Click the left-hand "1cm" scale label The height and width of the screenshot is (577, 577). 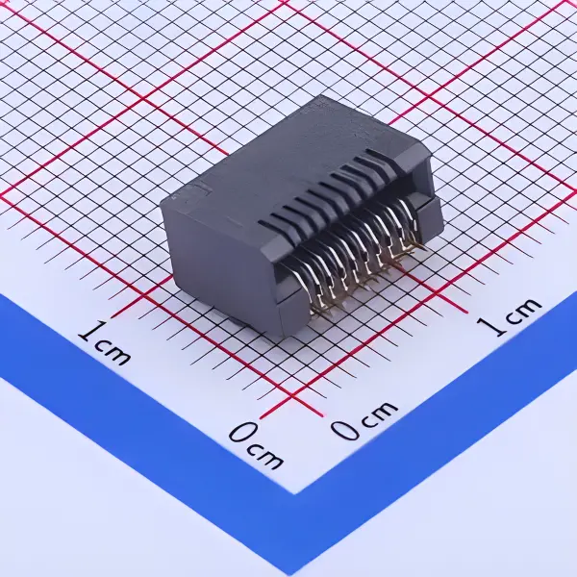pyautogui.click(x=105, y=345)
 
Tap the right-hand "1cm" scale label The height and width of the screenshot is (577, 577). pyautogui.click(x=511, y=314)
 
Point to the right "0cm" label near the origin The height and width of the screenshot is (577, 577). pyautogui.click(x=364, y=419)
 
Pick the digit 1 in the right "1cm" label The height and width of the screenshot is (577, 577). pyautogui.click(x=493, y=325)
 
